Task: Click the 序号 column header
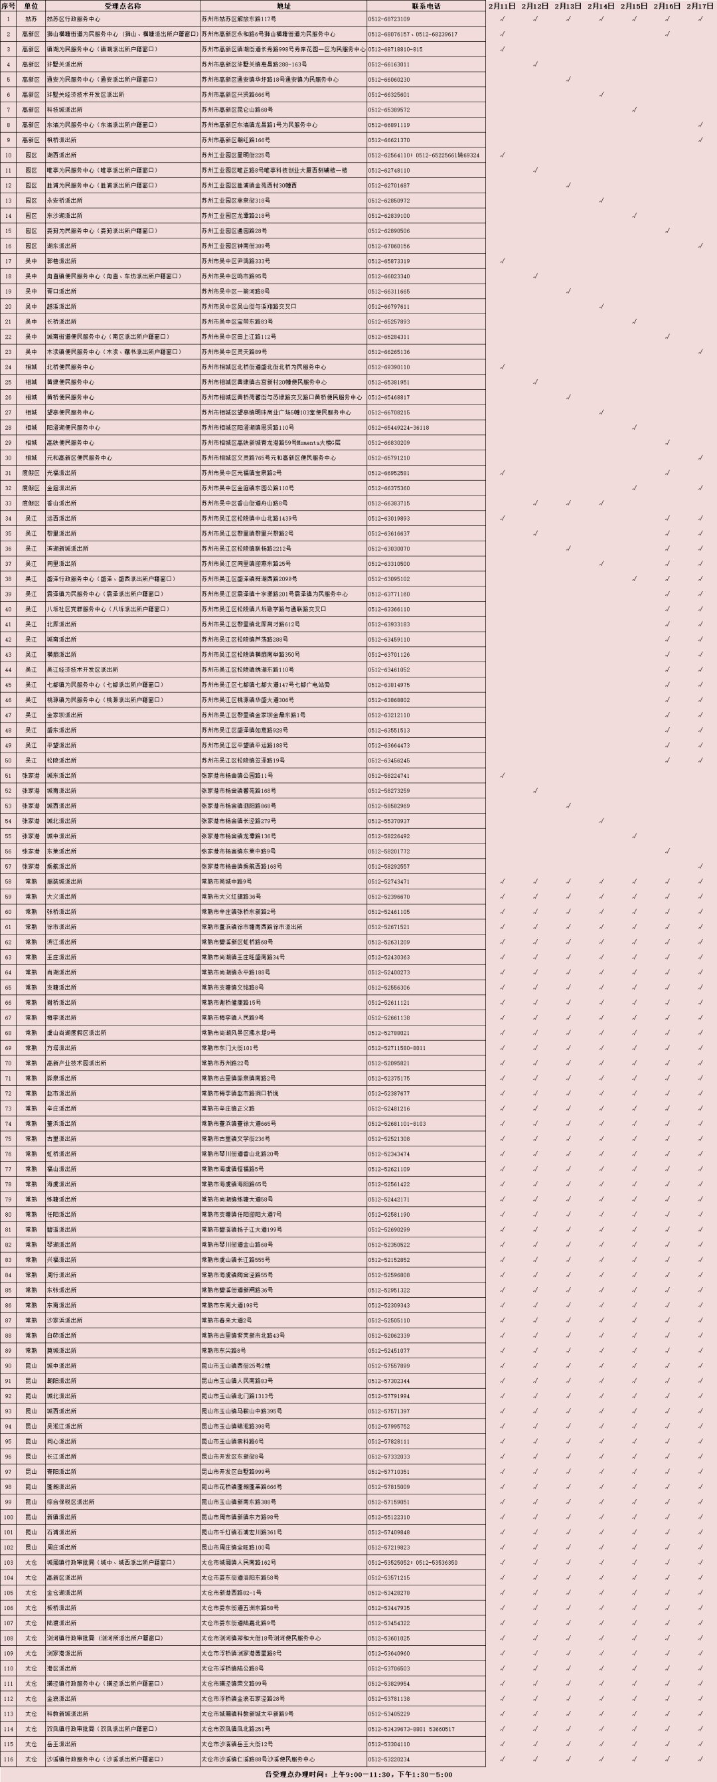(x=8, y=5)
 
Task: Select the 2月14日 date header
(x=601, y=5)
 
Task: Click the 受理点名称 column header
(x=122, y=5)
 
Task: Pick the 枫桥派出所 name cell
(x=62, y=140)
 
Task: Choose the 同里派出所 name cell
(x=62, y=564)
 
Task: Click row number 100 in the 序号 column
(x=8, y=1517)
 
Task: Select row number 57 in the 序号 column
(x=8, y=866)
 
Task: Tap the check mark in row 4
(x=535, y=64)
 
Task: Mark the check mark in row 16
(x=700, y=246)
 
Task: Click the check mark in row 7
(x=634, y=110)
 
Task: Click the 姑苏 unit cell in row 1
(x=31, y=19)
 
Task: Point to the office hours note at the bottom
(x=358, y=1775)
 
